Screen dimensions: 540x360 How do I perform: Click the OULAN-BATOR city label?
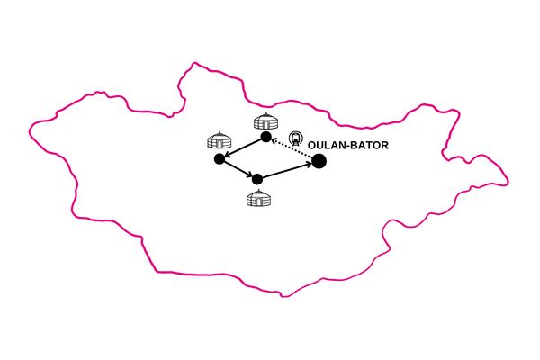[x=347, y=146]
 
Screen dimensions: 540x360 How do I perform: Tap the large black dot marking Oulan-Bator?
[x=319, y=161]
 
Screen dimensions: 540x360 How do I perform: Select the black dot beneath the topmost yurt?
[x=265, y=137]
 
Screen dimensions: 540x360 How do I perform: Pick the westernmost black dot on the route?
[x=220, y=158]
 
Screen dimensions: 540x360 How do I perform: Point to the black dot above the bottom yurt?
[x=257, y=179]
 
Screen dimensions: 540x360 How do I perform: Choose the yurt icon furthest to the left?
[x=220, y=140]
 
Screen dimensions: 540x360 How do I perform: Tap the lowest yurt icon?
[x=258, y=198]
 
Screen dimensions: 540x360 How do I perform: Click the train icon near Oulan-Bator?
[x=295, y=138]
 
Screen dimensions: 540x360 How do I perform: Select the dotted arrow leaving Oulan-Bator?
[x=292, y=148]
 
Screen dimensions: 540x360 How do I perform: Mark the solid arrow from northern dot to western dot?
[x=243, y=148]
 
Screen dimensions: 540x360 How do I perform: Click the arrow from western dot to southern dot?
[x=238, y=169]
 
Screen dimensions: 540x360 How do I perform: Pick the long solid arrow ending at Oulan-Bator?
[x=287, y=171]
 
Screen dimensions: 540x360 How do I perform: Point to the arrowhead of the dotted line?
[x=274, y=140]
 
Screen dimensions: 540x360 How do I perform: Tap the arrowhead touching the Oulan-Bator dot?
[x=310, y=165]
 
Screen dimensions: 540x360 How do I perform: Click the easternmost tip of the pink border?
[x=508, y=182]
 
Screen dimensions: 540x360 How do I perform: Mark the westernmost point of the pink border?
[x=30, y=131]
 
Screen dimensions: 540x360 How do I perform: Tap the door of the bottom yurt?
[x=258, y=202]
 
